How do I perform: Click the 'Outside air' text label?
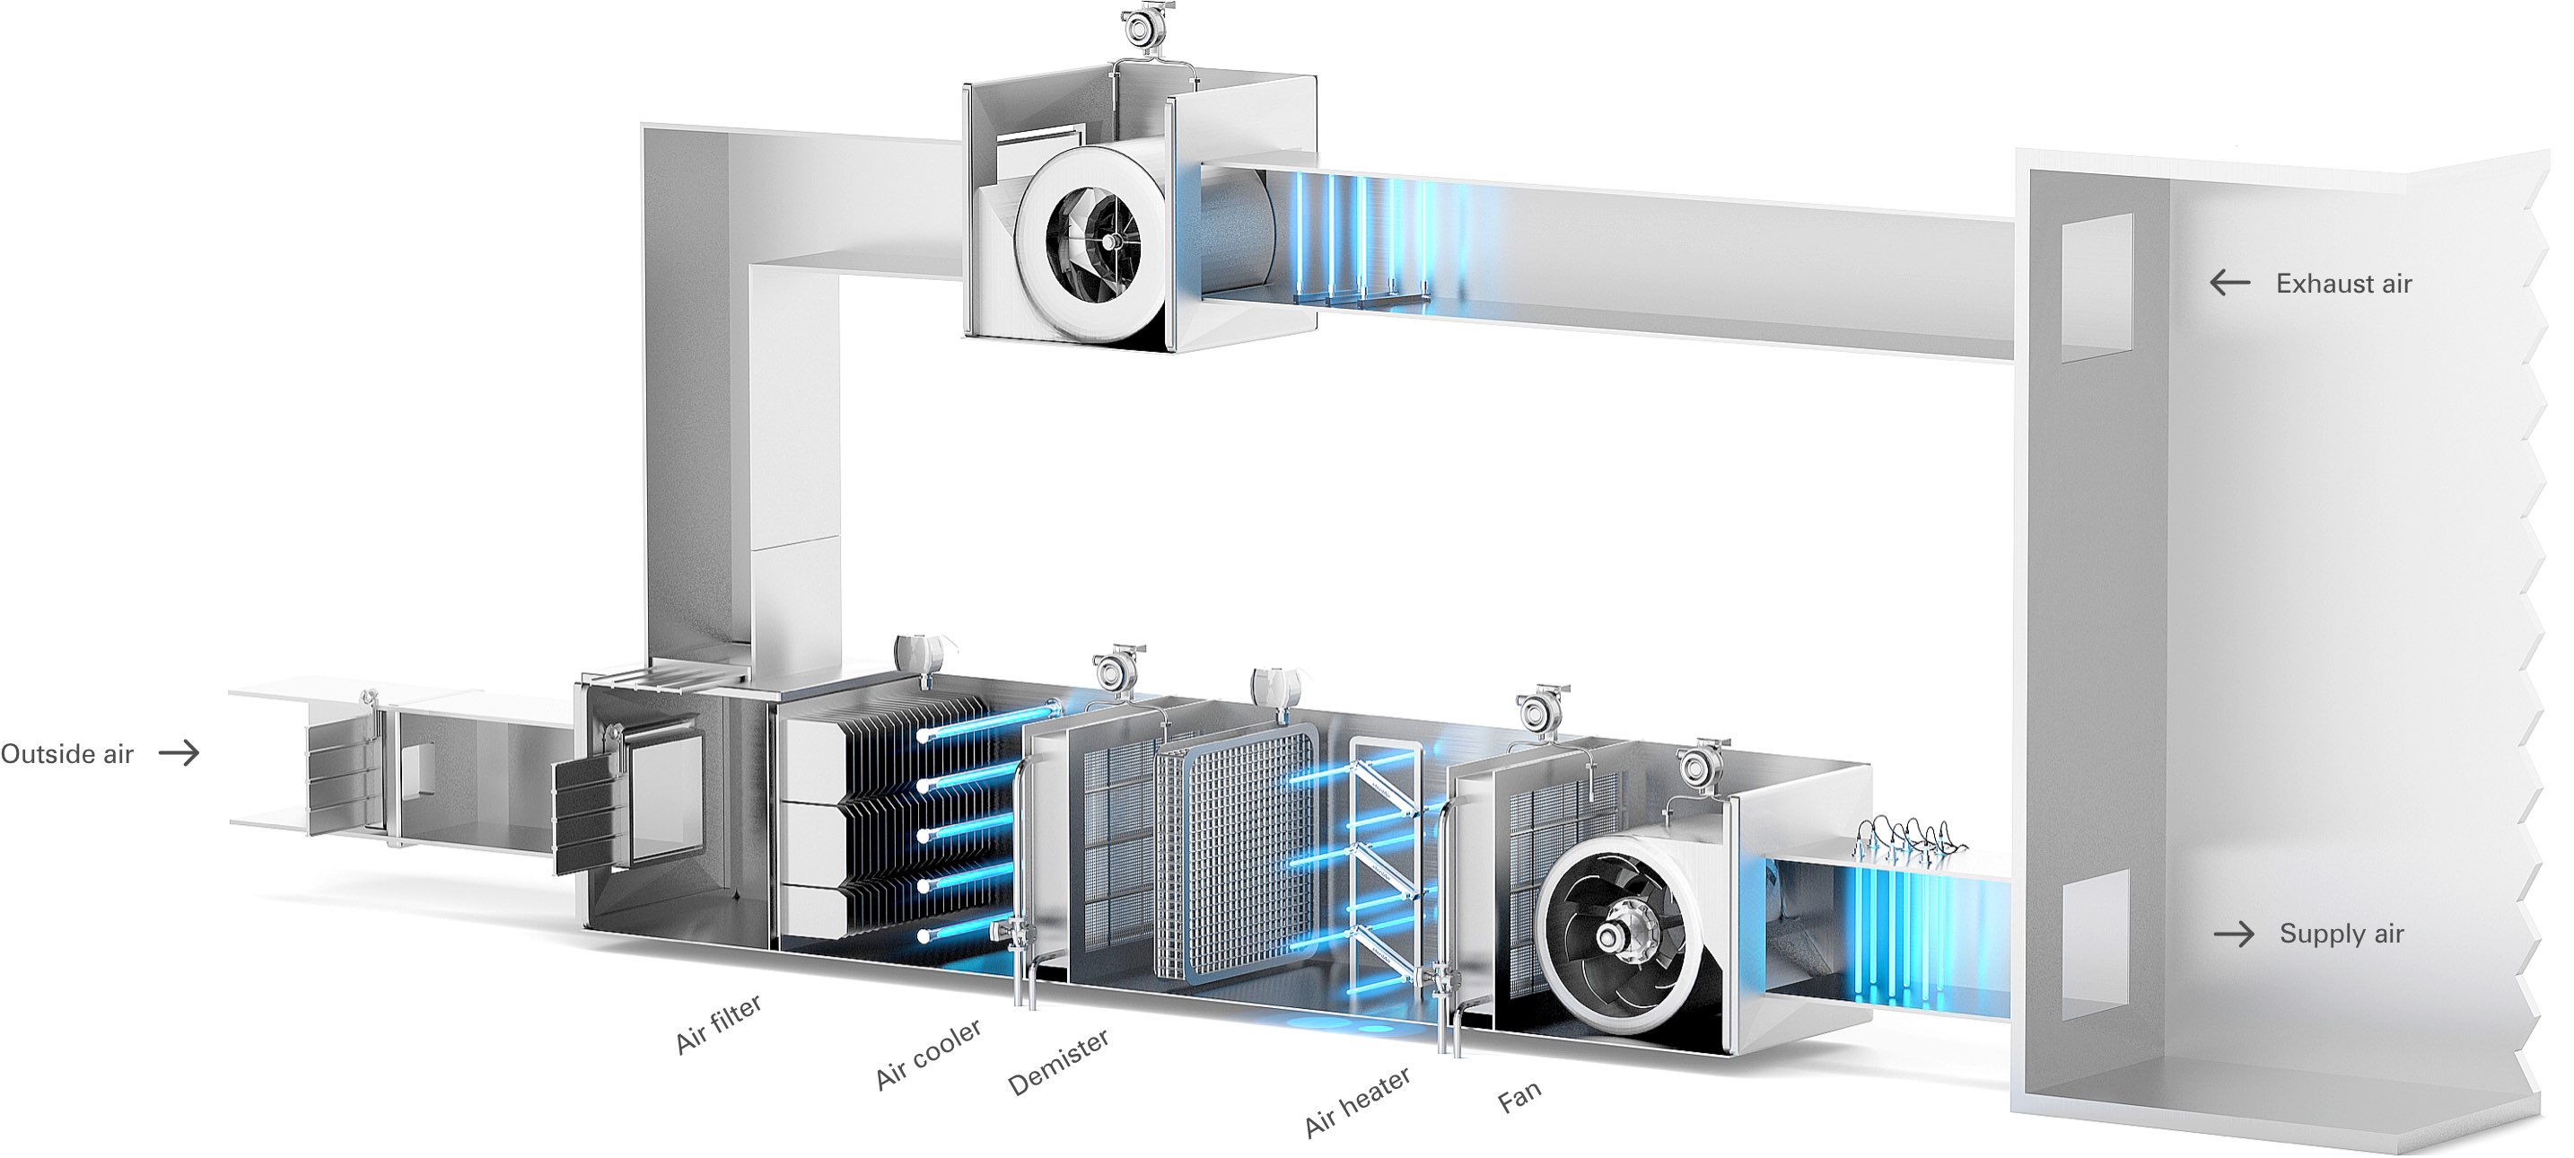click(67, 754)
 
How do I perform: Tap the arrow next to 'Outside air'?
click(179, 752)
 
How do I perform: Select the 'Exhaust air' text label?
click(2343, 284)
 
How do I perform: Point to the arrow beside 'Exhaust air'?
click(2229, 283)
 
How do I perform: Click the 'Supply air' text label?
click(2342, 934)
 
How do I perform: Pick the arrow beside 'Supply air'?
click(2234, 934)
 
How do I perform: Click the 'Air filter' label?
click(719, 1024)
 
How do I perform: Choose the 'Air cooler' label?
click(928, 1054)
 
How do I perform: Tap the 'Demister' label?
click(1058, 1063)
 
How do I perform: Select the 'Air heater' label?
click(1358, 1102)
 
